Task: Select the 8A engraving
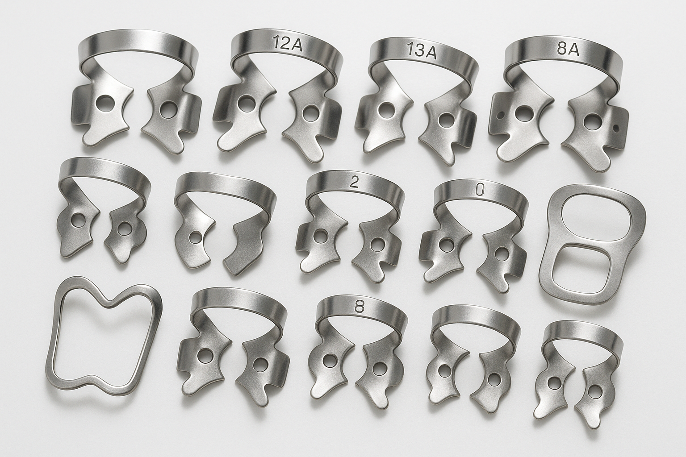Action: point(568,50)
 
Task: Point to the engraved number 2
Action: point(354,184)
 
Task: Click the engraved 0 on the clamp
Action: point(479,191)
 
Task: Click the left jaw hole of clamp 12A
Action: point(243,104)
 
